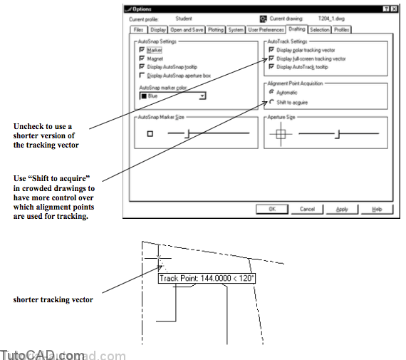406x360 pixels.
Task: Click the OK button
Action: point(272,209)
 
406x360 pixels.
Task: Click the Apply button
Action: point(342,209)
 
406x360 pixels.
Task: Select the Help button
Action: point(377,209)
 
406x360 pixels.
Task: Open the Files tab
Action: point(138,30)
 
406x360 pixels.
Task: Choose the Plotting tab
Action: point(215,30)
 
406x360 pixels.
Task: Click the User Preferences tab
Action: point(266,30)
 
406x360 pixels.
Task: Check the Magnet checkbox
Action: point(142,58)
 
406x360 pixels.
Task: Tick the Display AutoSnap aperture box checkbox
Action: point(142,74)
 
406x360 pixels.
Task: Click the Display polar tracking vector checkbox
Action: point(271,51)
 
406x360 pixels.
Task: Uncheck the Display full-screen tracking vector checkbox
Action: point(271,58)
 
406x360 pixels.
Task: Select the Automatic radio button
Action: point(271,93)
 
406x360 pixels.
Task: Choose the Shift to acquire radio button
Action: point(271,101)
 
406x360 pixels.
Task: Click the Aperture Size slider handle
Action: point(338,133)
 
